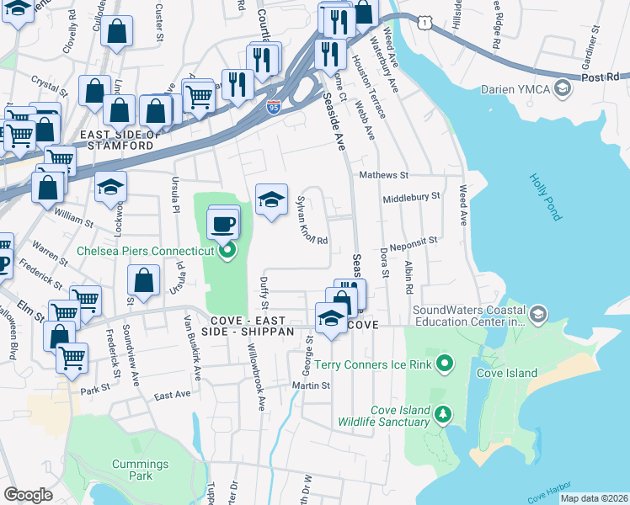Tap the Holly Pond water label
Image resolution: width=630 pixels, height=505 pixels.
546,197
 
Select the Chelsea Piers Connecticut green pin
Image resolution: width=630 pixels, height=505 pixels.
226,250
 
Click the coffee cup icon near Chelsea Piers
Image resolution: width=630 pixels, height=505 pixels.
224,224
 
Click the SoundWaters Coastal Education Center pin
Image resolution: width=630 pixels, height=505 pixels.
538,315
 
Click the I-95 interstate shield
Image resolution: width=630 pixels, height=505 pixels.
273,106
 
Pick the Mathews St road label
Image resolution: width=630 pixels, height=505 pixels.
383,176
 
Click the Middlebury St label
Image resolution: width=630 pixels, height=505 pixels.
412,196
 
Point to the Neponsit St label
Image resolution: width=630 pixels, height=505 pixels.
409,240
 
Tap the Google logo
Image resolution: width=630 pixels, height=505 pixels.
28,495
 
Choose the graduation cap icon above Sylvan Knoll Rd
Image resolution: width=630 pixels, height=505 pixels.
271,200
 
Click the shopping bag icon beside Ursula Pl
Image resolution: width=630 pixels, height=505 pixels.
145,281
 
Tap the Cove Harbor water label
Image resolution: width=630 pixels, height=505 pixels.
551,492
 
